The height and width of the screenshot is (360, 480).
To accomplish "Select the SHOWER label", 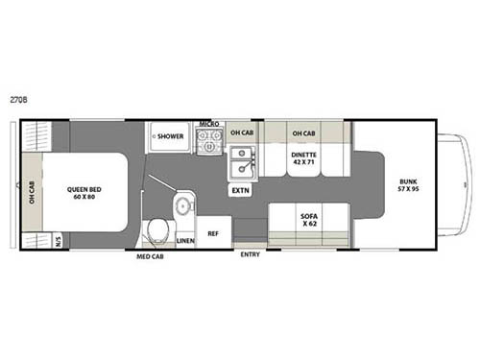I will click(x=170, y=137).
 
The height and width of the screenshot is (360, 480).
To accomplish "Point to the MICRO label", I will click(x=209, y=124).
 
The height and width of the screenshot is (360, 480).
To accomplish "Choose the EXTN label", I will click(x=239, y=191).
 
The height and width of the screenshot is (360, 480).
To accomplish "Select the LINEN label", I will click(x=185, y=240).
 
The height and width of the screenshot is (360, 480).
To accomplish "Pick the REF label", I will click(x=213, y=231).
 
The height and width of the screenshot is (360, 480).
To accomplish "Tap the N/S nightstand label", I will click(x=57, y=241).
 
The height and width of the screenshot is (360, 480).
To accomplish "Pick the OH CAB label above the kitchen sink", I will click(x=241, y=132).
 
